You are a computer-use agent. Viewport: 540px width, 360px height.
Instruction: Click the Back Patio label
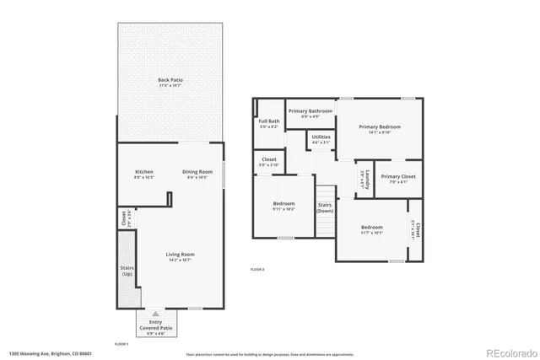coord(170,83)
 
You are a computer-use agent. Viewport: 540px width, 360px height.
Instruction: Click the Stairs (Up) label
coord(127,271)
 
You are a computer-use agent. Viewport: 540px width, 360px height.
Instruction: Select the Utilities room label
coord(321,138)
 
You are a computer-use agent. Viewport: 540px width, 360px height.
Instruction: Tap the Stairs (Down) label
coord(325,208)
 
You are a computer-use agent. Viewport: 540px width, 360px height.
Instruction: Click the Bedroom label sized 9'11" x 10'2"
coord(283,207)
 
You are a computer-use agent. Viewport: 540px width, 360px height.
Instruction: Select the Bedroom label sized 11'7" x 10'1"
coord(372,229)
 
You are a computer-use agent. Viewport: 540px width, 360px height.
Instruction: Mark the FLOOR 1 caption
coord(121,344)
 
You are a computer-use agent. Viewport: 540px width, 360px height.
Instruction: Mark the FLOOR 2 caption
coord(257,268)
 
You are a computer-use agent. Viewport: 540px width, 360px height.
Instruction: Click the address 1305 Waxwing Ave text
coord(50,352)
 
